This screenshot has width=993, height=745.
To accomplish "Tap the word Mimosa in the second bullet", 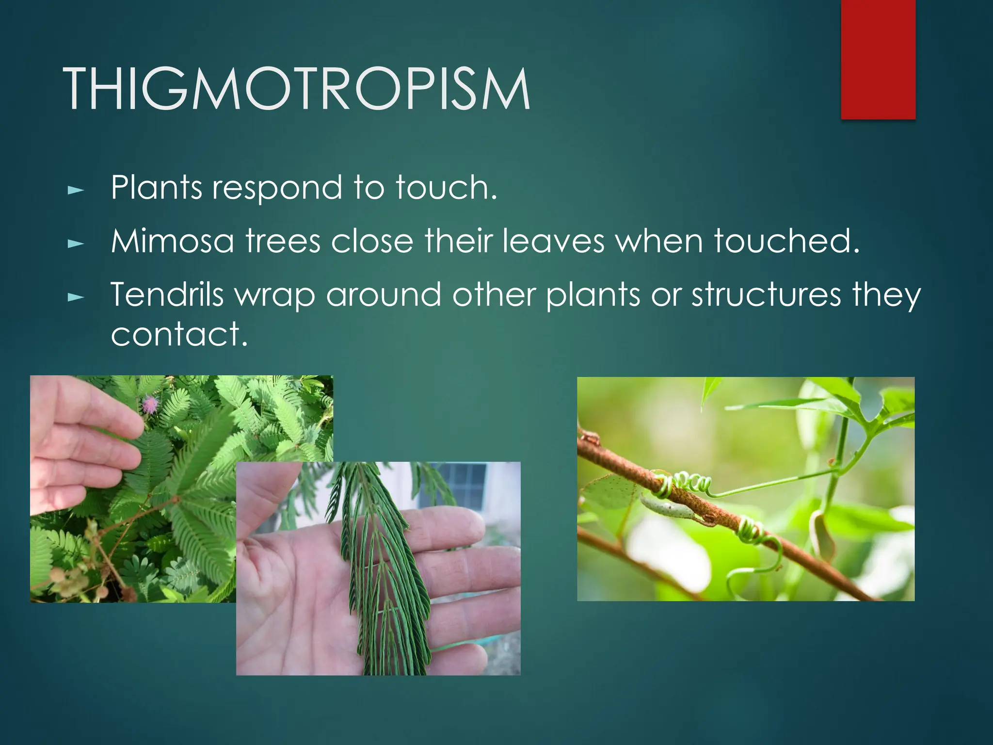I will point(172,241).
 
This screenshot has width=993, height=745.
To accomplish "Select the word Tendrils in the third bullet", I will point(167,294).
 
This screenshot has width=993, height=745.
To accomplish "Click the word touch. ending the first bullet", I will point(446,188).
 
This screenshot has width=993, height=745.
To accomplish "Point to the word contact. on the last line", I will point(179,334).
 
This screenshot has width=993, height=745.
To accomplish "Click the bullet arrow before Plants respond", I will point(76,191).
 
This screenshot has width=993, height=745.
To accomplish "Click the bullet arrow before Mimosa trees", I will point(76,244).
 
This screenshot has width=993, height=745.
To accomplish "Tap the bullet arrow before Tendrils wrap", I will point(76,297).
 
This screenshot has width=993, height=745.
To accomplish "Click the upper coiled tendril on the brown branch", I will point(681,485).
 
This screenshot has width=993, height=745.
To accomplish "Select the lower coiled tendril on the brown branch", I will point(749,531).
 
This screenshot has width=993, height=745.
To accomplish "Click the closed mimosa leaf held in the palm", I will point(383,572).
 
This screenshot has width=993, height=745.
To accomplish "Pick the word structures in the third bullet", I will point(766,294).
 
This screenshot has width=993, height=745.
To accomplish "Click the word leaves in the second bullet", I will point(553,241).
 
